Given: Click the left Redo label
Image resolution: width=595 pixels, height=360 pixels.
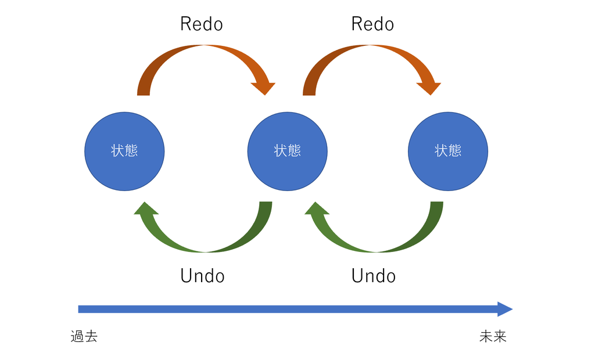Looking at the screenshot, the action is click(202, 24).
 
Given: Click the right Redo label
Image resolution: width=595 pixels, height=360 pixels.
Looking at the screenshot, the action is click(372, 24).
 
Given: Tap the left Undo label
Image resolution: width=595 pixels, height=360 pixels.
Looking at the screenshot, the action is click(202, 276).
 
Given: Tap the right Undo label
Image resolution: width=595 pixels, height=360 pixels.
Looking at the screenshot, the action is click(374, 276).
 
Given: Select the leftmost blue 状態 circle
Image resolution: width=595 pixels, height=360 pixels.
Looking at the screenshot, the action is click(124, 152).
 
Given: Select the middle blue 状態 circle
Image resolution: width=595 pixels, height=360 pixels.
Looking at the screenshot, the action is click(287, 152).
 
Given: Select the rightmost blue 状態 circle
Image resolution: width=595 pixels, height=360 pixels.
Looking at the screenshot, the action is click(448, 152).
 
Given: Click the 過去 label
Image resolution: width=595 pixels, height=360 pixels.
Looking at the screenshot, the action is click(84, 336).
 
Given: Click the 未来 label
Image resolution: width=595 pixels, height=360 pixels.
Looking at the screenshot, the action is click(493, 336).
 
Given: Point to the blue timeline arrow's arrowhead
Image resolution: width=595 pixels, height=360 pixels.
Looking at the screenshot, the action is click(505, 309).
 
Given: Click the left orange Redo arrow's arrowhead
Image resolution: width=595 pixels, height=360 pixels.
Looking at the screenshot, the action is click(263, 88).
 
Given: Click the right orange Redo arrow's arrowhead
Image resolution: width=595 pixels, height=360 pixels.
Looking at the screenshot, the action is click(429, 88).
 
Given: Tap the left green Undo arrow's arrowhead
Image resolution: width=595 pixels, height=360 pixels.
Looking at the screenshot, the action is click(146, 208).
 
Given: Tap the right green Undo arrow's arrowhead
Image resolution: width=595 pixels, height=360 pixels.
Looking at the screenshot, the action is click(317, 208).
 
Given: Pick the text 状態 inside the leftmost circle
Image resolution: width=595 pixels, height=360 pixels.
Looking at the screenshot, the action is click(124, 150).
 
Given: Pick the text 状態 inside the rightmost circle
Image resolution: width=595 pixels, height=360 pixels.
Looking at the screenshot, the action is click(448, 150).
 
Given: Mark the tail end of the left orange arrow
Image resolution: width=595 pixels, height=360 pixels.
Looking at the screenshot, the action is click(144, 95).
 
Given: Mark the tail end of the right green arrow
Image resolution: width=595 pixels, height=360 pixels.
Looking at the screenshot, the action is click(437, 202).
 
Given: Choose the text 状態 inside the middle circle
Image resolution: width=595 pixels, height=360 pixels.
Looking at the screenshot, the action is click(287, 150).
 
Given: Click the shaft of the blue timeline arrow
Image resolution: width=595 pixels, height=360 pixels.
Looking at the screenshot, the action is click(288, 309).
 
